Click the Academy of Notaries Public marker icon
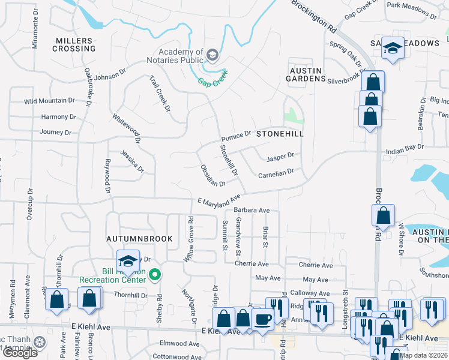(211, 56)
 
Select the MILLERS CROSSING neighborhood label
(73, 44)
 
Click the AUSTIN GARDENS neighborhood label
(306, 75)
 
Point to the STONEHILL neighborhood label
(280, 134)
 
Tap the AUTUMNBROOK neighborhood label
(139, 239)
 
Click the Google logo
(20, 352)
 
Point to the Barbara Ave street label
(252, 211)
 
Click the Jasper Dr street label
(280, 157)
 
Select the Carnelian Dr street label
(276, 172)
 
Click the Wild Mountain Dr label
(49, 101)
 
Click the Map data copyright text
(424, 355)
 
